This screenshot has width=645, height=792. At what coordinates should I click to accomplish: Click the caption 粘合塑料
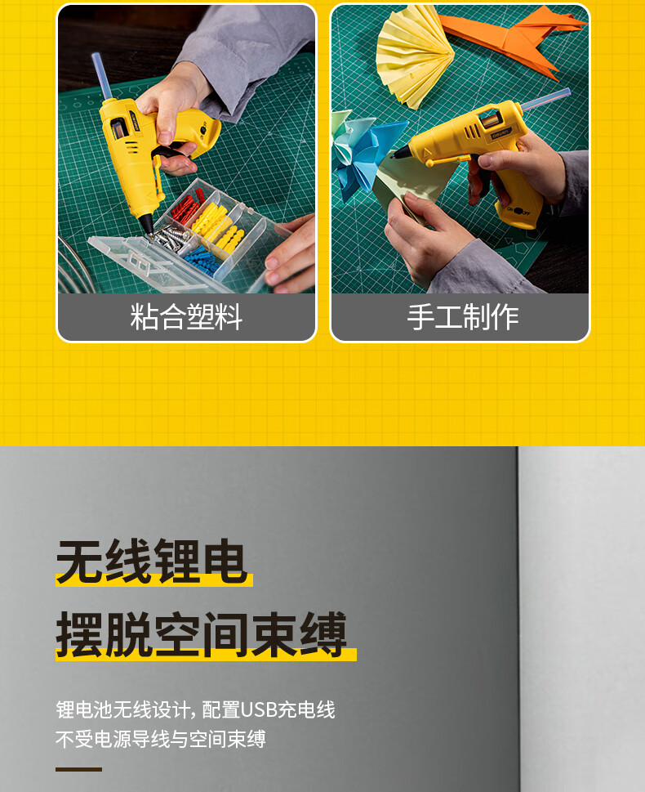pyautogui.click(x=186, y=317)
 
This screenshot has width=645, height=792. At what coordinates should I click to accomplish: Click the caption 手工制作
pyautogui.click(x=463, y=317)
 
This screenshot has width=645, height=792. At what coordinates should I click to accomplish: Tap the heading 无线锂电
pyautogui.click(x=151, y=561)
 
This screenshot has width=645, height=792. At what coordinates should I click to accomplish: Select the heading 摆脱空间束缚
pyautogui.click(x=202, y=634)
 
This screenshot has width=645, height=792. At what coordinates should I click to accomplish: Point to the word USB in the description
pyautogui.click(x=259, y=709)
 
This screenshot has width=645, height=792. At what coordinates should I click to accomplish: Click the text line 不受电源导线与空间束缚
pyautogui.click(x=161, y=740)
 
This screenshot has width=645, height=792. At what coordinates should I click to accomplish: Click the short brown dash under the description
pyautogui.click(x=78, y=769)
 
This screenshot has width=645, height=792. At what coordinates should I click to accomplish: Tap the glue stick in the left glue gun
pyautogui.click(x=102, y=77)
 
